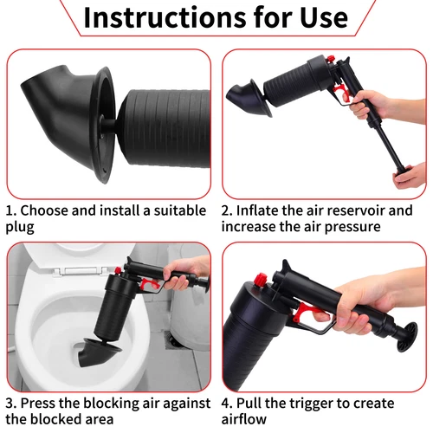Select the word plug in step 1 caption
pos(20,227)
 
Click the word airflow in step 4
pos(244,419)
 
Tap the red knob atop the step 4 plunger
pos(261,280)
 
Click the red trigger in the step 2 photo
pos(340,91)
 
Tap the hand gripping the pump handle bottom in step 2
pos(410,176)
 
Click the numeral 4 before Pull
pos(225,404)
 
